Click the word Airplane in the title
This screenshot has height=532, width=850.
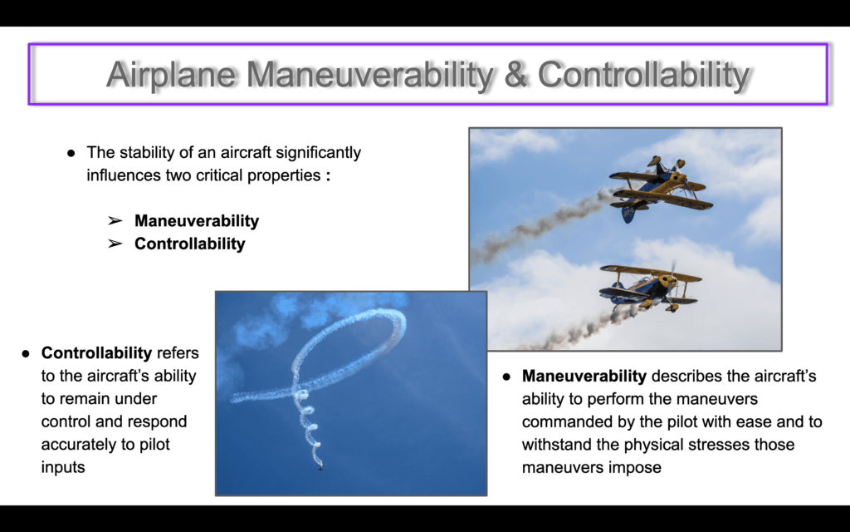coord(171,74)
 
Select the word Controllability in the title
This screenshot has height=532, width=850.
coord(643,75)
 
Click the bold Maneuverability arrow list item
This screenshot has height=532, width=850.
coord(197,221)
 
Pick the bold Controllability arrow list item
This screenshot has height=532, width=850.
coord(190,244)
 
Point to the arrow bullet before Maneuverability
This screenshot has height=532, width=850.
coord(115,221)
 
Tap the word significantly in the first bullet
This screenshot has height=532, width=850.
coord(318,153)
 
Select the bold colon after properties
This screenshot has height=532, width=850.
coord(328,176)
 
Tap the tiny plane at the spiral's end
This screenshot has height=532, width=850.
coord(321,467)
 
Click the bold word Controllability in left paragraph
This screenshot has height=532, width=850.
coord(96,353)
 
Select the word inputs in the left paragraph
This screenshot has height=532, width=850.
coord(63,467)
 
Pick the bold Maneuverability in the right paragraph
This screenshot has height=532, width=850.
coord(584,377)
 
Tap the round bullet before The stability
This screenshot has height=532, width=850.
coord(71,153)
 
